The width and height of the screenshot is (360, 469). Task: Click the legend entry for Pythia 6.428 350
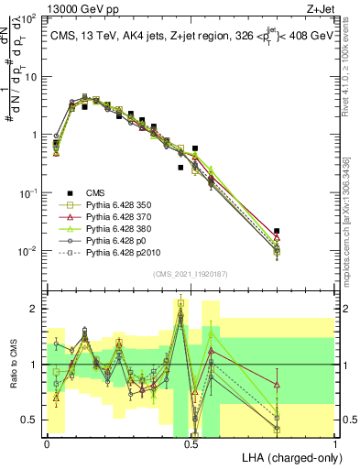115,206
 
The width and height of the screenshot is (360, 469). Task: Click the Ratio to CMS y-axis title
13,365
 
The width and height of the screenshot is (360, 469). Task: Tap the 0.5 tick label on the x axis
191,443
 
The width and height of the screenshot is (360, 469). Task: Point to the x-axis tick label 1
335,443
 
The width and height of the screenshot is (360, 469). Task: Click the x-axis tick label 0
47,443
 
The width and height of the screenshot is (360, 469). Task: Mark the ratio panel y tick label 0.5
30,420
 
